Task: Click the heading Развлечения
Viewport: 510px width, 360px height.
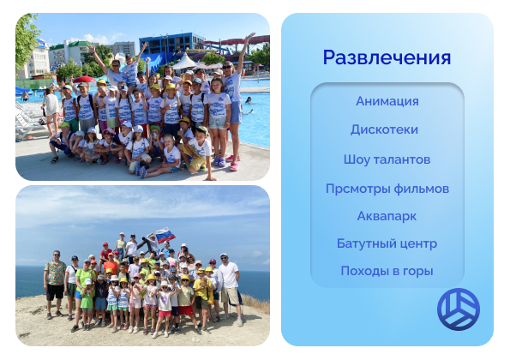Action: [x=387, y=58]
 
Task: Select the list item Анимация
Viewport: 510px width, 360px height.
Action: [x=387, y=101]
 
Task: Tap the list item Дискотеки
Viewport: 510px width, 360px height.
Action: [x=385, y=129]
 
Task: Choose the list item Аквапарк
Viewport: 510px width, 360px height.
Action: [x=387, y=216]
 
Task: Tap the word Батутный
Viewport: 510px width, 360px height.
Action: [x=367, y=243]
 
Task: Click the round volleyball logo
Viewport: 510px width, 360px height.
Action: [x=459, y=309]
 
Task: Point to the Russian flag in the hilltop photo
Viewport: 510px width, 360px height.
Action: [x=165, y=235]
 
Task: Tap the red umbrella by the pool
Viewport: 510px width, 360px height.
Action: [x=84, y=80]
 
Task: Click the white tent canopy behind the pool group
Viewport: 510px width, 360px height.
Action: [x=184, y=62]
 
